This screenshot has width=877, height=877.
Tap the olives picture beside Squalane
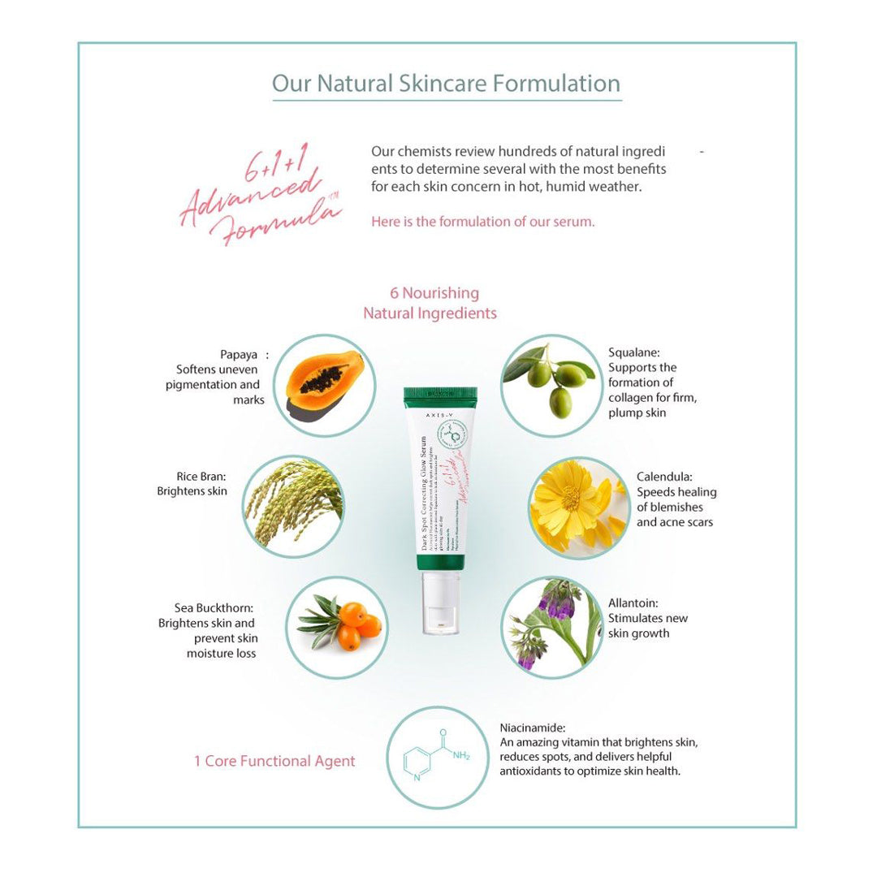tap(551, 386)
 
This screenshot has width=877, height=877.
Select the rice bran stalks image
tap(293, 505)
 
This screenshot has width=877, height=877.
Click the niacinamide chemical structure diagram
tap(437, 757)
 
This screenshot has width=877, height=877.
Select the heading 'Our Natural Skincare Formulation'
tap(446, 84)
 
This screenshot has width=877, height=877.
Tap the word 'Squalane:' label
tap(634, 352)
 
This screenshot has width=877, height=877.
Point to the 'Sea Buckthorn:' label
tap(214, 608)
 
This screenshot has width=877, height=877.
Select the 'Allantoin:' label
tap(633, 603)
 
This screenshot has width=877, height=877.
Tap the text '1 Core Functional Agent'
tap(274, 761)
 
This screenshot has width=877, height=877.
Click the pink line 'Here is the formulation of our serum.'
tap(482, 221)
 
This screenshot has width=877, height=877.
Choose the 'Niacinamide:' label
tap(533, 728)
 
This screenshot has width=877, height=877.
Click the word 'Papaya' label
tap(238, 355)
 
